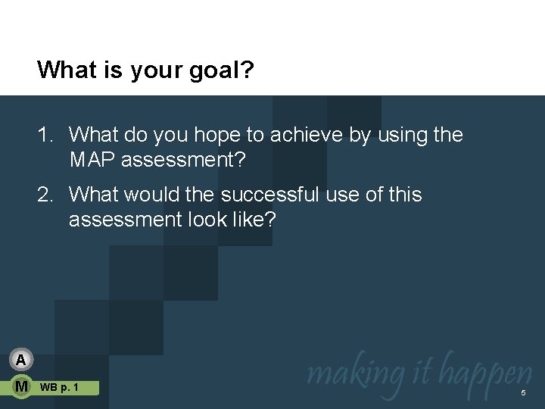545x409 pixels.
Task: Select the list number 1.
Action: pos(45,135)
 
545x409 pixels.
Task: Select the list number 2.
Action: pos(45,195)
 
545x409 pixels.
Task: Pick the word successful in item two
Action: pos(271,195)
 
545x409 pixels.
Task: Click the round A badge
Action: pos(22,360)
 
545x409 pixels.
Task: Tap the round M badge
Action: pos(22,387)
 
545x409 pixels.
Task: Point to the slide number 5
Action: pos(522,393)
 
